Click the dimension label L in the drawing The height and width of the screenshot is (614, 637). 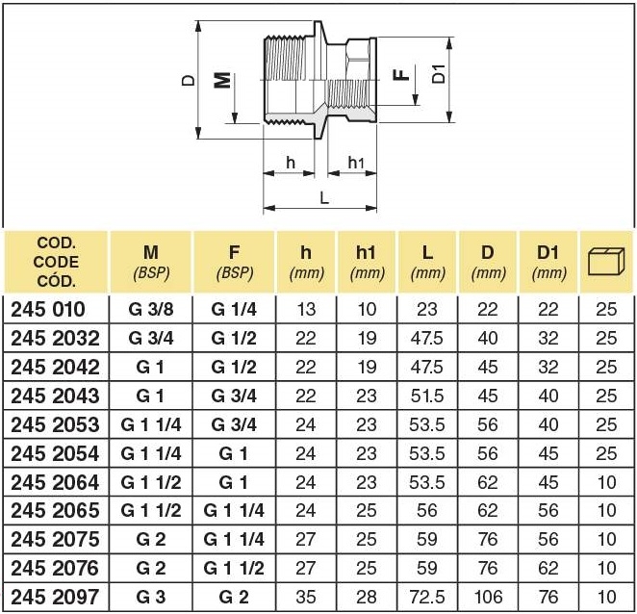pyautogui.click(x=324, y=195)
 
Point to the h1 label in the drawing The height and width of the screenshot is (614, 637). pyautogui.click(x=355, y=162)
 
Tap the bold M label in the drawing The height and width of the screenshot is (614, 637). pyautogui.click(x=222, y=78)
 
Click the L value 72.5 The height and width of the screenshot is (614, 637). pyautogui.click(x=427, y=596)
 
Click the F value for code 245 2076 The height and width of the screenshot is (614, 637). pyautogui.click(x=234, y=568)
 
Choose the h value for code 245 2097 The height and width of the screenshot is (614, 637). pyautogui.click(x=306, y=596)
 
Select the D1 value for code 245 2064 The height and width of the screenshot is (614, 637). pyautogui.click(x=548, y=481)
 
